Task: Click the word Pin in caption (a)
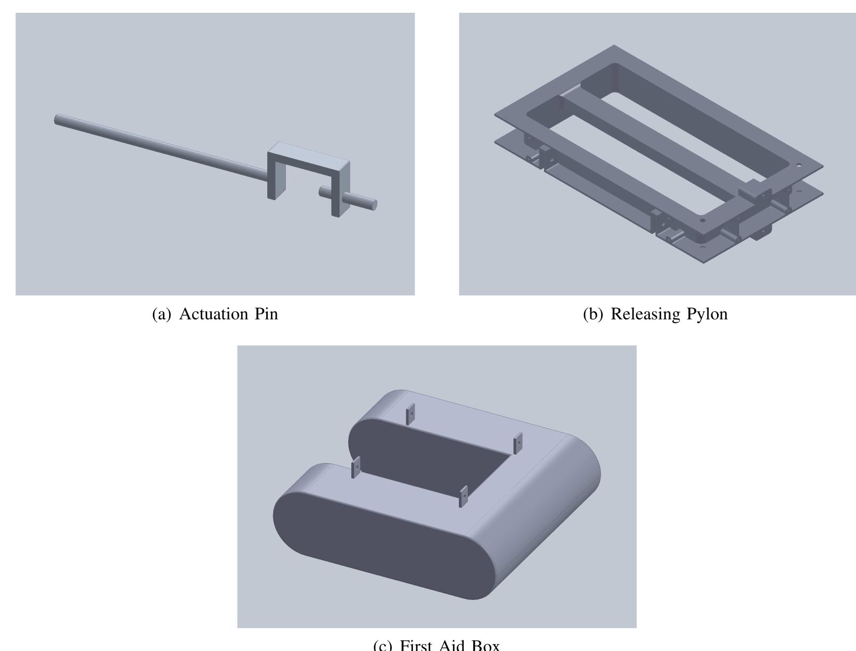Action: coord(266,314)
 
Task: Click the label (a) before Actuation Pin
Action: coord(162,314)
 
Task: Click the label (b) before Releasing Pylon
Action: coord(593,314)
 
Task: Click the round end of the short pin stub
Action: coord(374,204)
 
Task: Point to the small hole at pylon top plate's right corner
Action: coord(798,166)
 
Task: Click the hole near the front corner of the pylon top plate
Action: coord(703,220)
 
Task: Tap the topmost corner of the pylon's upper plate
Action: coord(614,46)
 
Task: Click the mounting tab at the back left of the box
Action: coord(410,414)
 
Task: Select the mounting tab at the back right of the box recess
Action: coord(517,443)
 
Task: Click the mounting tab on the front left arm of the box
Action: coord(356,467)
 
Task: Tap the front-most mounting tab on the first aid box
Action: coord(464,496)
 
